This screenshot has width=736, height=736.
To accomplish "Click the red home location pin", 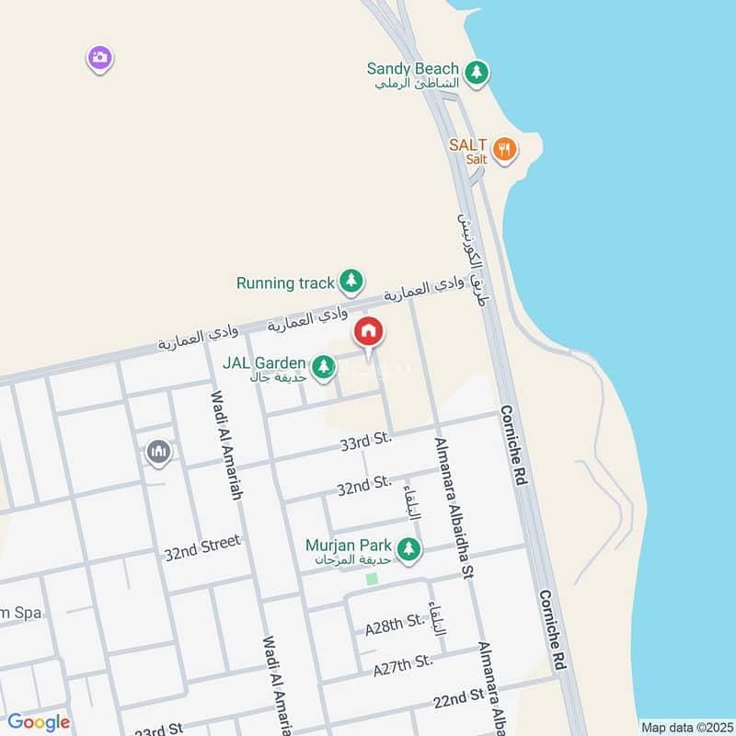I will (369, 332).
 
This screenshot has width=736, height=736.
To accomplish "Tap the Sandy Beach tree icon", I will (476, 72).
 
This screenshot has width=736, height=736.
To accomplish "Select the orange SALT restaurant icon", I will (504, 149).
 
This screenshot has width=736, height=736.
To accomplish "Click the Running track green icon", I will (351, 281).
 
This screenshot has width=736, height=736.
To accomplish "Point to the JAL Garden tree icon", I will (323, 367).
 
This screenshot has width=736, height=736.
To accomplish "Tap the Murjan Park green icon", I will (408, 550).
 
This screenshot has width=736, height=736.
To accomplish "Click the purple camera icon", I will (100, 58).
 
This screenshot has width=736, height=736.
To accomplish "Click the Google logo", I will (39, 722).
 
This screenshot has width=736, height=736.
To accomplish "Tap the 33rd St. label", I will (365, 443).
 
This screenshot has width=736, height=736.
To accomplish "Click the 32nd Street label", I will (201, 548).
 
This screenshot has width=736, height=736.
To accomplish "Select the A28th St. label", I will (393, 627).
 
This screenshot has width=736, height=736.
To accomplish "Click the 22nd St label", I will (459, 698).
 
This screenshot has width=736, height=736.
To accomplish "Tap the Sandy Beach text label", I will (412, 68).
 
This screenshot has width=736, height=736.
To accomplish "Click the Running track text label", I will (285, 282).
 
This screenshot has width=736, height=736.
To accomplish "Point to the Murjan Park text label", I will (350, 546).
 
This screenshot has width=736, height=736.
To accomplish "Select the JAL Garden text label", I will (264, 362).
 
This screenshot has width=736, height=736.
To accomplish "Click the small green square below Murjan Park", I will (372, 579).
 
